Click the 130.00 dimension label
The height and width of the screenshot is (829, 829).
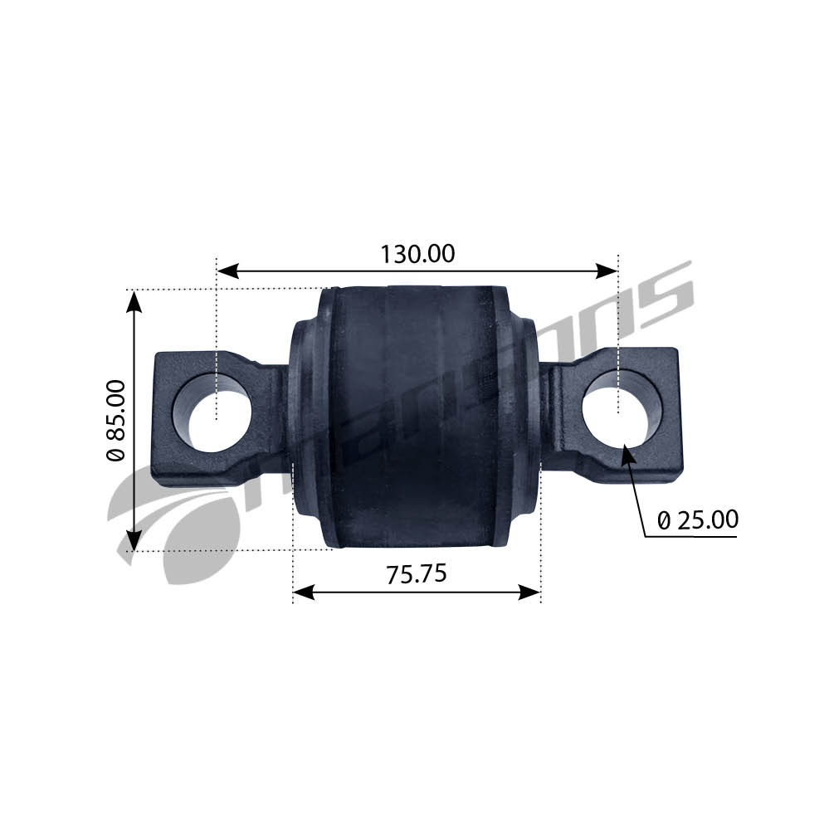pos(417,254)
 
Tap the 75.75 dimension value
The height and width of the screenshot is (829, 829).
pos(417,573)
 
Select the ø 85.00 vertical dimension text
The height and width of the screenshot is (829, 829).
pos(116,421)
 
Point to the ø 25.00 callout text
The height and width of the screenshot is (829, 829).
pos(698,520)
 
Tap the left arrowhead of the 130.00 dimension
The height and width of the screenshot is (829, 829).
pos(227,271)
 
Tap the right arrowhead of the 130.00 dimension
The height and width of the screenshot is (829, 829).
pos(607,271)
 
